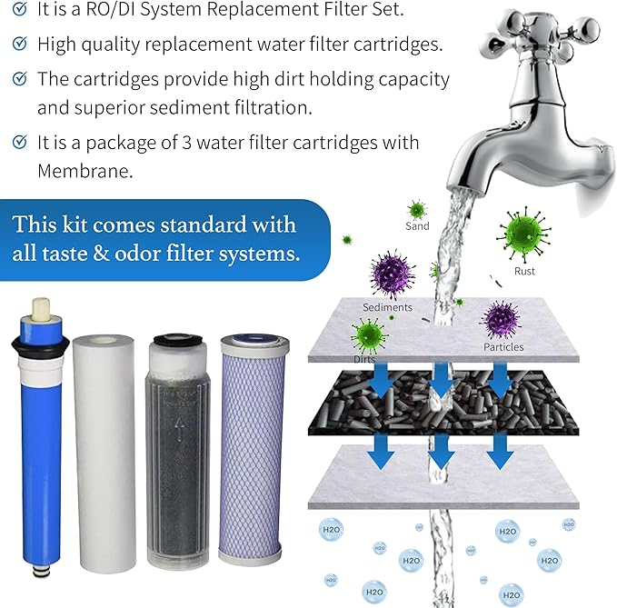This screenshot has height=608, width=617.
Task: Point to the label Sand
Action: (x=417, y=226)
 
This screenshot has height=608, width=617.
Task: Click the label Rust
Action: (x=524, y=271)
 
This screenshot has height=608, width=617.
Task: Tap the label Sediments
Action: (x=388, y=307)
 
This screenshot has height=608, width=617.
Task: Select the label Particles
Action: (x=503, y=346)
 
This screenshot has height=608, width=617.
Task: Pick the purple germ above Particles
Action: (x=499, y=319)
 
